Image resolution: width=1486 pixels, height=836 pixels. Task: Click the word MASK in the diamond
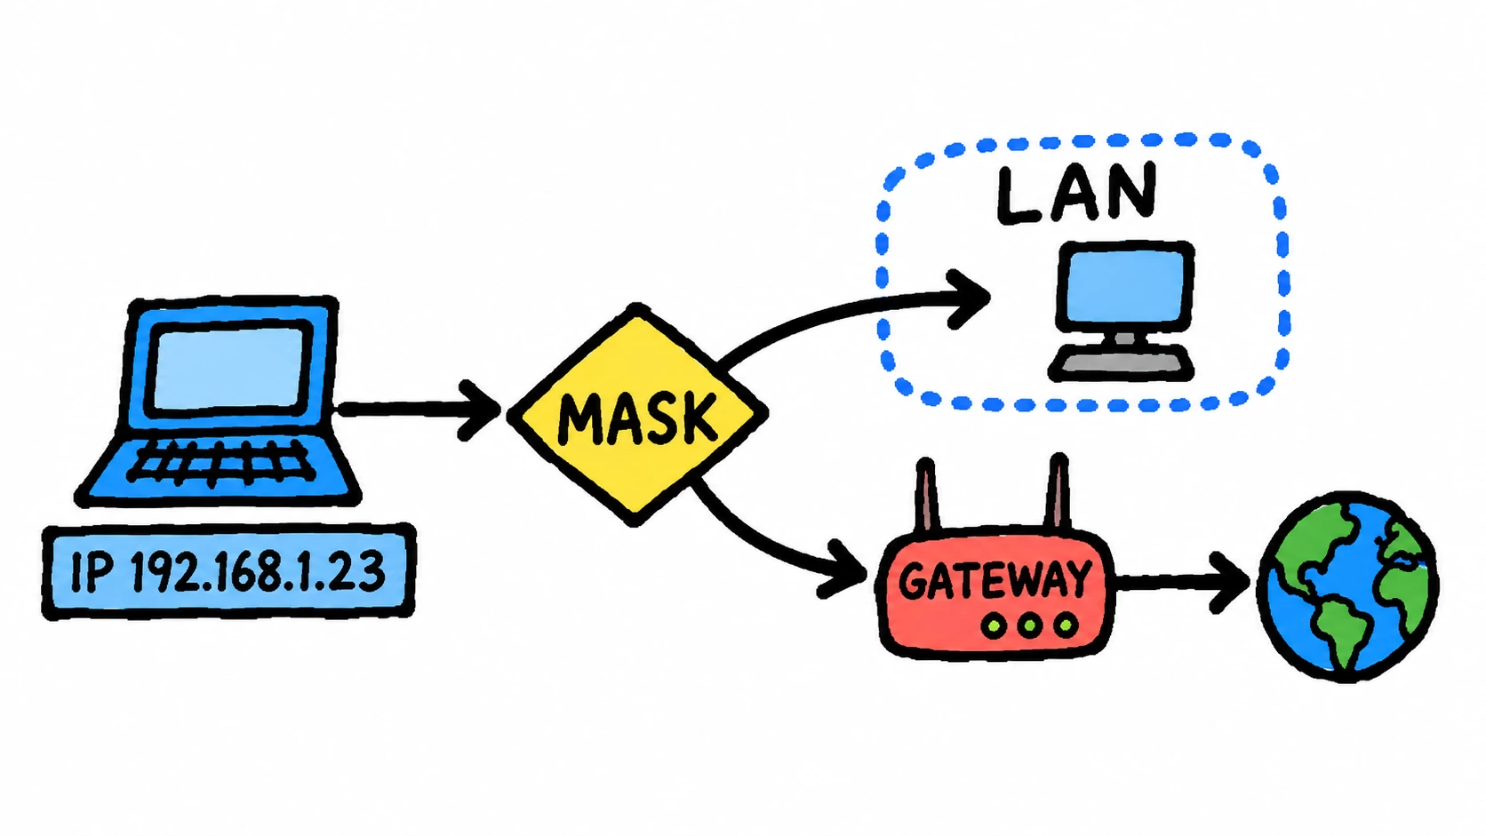click(638, 418)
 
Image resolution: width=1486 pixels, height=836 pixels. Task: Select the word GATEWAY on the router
click(995, 580)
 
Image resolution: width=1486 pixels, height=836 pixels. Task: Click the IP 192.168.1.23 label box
click(229, 571)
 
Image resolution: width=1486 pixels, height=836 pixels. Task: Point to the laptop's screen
click(229, 368)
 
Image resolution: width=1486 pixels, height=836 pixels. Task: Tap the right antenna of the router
click(1058, 493)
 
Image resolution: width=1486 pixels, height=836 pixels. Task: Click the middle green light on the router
click(1029, 625)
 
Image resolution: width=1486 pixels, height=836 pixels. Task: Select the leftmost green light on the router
click(994, 625)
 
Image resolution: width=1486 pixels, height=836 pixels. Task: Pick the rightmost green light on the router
click(1066, 625)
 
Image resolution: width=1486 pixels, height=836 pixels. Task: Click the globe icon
click(1347, 586)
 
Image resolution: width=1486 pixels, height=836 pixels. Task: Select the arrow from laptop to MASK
click(418, 410)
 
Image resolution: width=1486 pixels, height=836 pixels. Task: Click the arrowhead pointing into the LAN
click(970, 299)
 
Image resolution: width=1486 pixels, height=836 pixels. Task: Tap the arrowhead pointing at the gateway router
click(843, 569)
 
